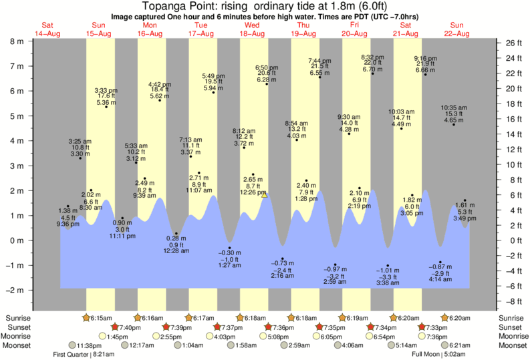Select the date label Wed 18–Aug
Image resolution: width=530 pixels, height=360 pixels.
[x=253, y=29]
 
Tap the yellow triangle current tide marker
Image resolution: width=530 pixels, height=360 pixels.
[x=265, y=195]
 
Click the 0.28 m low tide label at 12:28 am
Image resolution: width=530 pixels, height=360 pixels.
[x=177, y=244]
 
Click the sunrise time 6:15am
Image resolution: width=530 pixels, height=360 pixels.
[x=98, y=318]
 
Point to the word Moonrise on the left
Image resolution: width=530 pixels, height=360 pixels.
[x=18, y=337]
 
